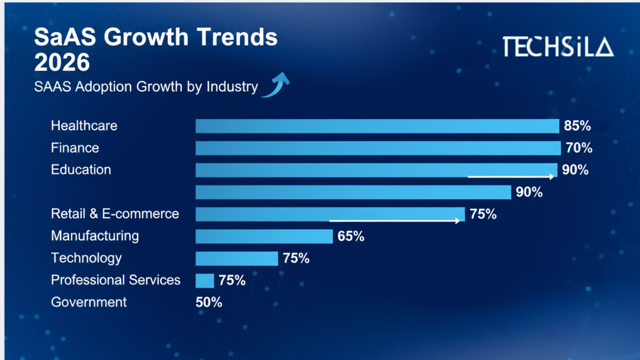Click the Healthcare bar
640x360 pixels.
pyautogui.click(x=377, y=126)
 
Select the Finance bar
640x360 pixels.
pyautogui.click(x=378, y=148)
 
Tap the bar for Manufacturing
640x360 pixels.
pyautogui.click(x=264, y=236)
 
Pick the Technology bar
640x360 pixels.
pyautogui.click(x=236, y=258)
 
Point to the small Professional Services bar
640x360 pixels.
pyautogui.click(x=204, y=280)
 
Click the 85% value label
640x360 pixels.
pyautogui.click(x=577, y=126)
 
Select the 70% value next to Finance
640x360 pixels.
pyautogui.click(x=579, y=148)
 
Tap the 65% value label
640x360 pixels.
pyautogui.click(x=351, y=236)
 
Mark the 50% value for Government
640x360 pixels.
pyautogui.click(x=209, y=302)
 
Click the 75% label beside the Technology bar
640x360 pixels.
pyautogui.click(x=296, y=258)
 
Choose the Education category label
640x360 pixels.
pyautogui.click(x=81, y=169)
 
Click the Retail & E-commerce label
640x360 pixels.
pyautogui.click(x=115, y=214)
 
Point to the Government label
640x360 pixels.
pyautogui.click(x=89, y=302)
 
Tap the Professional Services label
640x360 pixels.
pyautogui.click(x=115, y=280)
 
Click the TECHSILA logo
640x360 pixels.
pyautogui.click(x=557, y=46)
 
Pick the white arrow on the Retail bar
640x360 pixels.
pyautogui.click(x=394, y=220)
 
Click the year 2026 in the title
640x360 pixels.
pyautogui.click(x=62, y=62)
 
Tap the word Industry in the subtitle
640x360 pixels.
pyautogui.click(x=232, y=86)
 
